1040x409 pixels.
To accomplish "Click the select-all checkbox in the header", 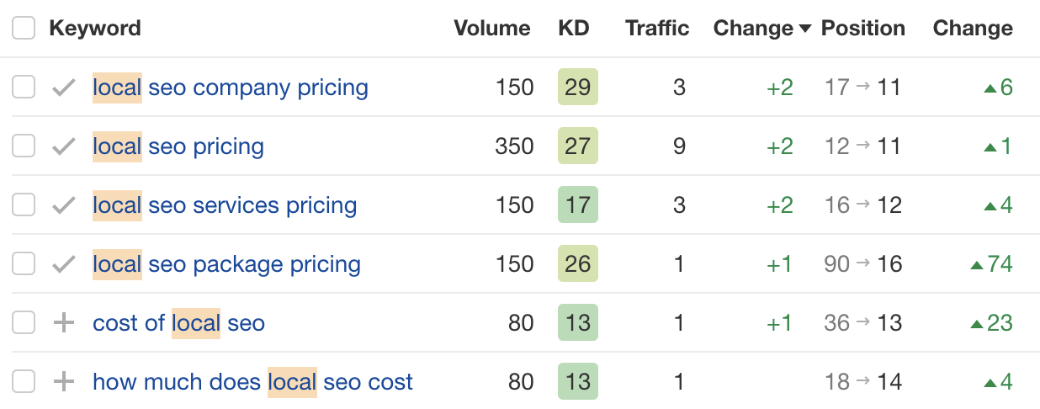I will coord(24,29).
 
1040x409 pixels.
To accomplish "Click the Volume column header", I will coord(491,29).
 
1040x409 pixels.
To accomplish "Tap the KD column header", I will coord(574,29).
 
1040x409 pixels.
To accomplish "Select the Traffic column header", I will coord(657,29).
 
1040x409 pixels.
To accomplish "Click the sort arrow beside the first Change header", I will coord(805,29).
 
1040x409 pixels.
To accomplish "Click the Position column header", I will coord(862,29).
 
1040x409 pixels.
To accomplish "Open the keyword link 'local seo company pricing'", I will coord(230,88).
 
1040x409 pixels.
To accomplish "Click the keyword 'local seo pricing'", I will coord(178,146).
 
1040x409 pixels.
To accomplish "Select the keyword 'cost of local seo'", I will coord(178,323).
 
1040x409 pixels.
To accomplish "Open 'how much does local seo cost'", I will coord(252,382).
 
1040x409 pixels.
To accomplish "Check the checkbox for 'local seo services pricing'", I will coord(24,205).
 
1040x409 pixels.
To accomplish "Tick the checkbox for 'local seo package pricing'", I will coord(24,264).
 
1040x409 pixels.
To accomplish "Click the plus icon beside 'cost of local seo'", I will coord(64,323).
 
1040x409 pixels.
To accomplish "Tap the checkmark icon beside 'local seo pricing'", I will coord(64,146).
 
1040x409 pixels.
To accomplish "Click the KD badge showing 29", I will coord(577,88).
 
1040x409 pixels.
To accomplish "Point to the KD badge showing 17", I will coord(577,205).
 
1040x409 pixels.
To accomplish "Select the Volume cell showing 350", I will coord(514,146).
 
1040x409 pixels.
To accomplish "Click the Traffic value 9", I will coord(679,146).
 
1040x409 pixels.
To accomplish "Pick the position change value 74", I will coord(992,264).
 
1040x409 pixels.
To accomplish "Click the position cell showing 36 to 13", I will coord(862,323).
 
